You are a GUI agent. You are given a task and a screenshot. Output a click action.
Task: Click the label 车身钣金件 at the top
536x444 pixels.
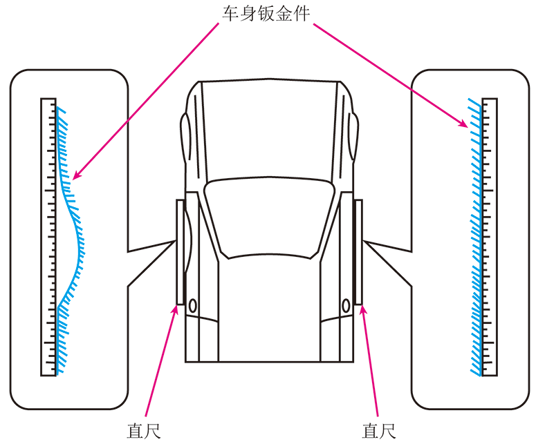pyautogui.click(x=266, y=14)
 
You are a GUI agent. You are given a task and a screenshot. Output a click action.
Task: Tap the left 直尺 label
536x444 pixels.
pyautogui.click(x=144, y=431)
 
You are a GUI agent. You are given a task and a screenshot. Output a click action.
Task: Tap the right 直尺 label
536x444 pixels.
pyautogui.click(x=379, y=431)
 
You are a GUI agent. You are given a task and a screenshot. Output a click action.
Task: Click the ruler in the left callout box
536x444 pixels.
pyautogui.click(x=48, y=237)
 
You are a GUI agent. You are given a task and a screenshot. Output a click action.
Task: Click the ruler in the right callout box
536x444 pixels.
pyautogui.click(x=490, y=237)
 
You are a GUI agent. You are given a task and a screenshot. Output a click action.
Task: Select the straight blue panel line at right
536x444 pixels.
pyautogui.click(x=481, y=237)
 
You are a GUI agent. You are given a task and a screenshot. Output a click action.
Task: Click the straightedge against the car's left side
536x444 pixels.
pyautogui.click(x=180, y=252)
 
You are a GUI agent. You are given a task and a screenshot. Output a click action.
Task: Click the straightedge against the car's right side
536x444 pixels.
pyautogui.click(x=358, y=252)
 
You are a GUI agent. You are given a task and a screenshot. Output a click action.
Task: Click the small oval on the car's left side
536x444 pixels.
pyautogui.click(x=193, y=306)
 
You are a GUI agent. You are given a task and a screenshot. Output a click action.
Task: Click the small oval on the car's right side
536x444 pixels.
pyautogui.click(x=346, y=306)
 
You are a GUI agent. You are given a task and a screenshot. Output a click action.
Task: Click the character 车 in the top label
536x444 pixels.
pyautogui.click(x=231, y=14)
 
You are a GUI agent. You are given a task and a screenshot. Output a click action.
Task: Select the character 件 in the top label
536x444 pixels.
pyautogui.click(x=301, y=14)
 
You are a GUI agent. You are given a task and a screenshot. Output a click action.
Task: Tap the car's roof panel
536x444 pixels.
pyautogui.click(x=269, y=130)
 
